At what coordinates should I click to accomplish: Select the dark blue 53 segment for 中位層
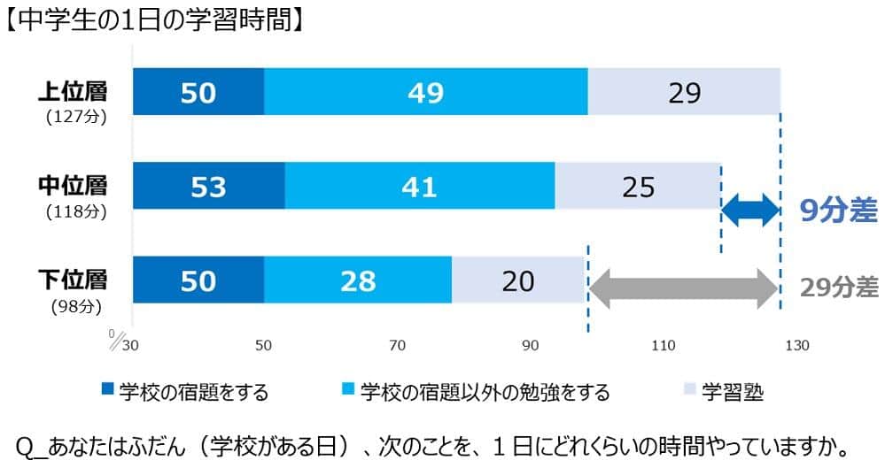[x=208, y=187]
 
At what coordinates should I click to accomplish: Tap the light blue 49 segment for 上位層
[x=425, y=92]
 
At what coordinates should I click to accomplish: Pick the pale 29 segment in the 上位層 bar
[x=684, y=92]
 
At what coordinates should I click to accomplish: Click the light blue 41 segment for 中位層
[x=419, y=187]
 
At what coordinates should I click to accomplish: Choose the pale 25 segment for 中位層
[x=638, y=187]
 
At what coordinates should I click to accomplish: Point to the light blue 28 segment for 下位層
[x=357, y=280]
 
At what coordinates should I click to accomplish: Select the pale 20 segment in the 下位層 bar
[x=518, y=280]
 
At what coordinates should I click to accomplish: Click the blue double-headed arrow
[x=750, y=211]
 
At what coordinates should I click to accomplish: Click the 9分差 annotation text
[x=837, y=211]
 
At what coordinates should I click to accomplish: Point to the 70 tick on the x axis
[x=397, y=346]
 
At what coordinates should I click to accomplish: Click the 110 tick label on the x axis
[x=664, y=346]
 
